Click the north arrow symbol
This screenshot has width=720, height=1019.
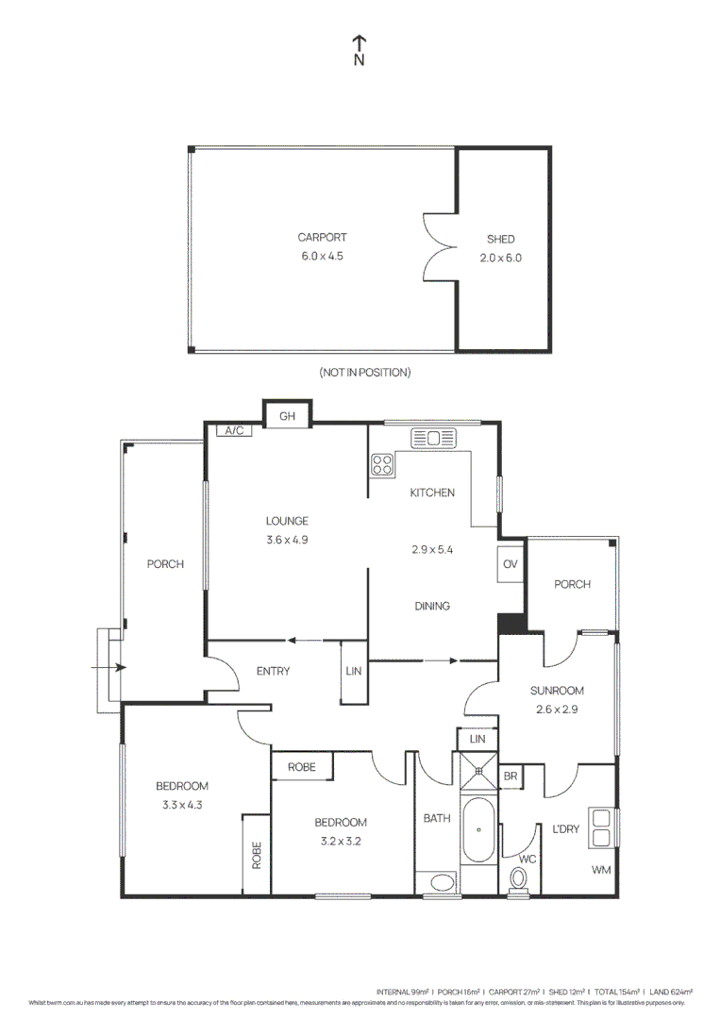click(x=359, y=43)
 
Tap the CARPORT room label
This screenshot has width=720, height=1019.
click(x=321, y=238)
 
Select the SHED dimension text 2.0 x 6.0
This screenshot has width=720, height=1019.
click(x=501, y=257)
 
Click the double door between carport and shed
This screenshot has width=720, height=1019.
click(x=439, y=247)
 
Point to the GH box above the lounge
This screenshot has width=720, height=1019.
click(x=287, y=415)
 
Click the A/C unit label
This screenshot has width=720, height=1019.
click(x=232, y=430)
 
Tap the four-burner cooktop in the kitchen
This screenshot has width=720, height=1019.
click(x=382, y=464)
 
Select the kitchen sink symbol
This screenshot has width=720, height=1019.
click(x=433, y=438)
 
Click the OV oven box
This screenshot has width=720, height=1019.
click(x=511, y=564)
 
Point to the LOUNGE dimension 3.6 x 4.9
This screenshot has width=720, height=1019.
click(x=287, y=540)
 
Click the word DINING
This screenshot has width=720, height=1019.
click(x=431, y=606)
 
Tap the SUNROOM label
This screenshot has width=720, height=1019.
click(x=558, y=691)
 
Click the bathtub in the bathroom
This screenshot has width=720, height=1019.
click(x=479, y=829)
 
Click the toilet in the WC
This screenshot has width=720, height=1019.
click(x=517, y=878)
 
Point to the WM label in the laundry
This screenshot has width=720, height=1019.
click(x=601, y=869)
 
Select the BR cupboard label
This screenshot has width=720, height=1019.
click(x=510, y=776)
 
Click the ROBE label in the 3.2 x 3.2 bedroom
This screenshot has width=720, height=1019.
click(x=302, y=766)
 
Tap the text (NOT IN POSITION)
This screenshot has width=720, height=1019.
click(x=364, y=373)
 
